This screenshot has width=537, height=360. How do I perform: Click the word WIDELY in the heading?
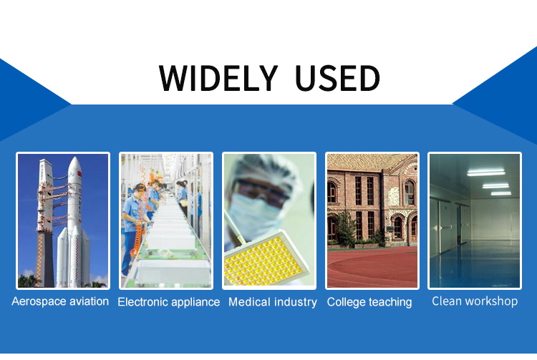[218, 78]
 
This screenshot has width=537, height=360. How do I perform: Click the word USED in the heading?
[337, 78]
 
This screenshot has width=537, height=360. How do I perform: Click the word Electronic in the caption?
[142, 302]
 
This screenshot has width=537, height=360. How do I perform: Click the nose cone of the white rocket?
[74, 165]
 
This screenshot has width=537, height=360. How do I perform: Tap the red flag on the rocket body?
[79, 174]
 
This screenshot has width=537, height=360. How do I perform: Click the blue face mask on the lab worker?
[253, 213]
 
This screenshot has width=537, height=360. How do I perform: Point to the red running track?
[372, 267]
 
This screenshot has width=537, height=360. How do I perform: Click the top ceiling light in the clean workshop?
[486, 172]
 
